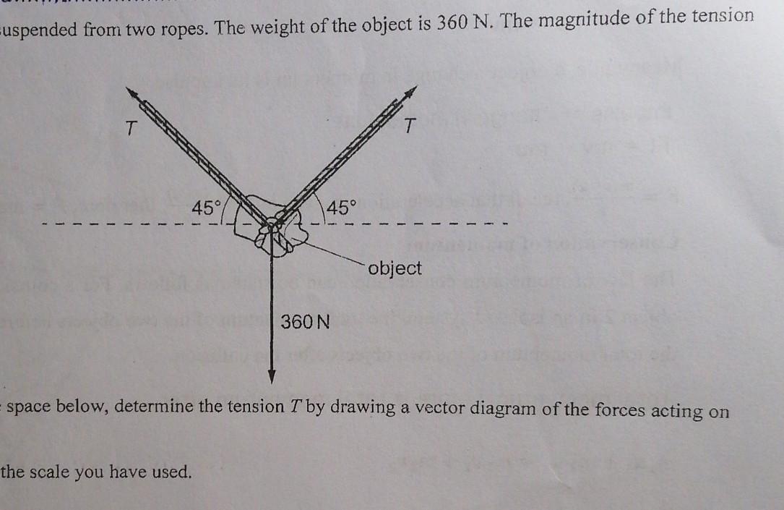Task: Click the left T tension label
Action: click(x=130, y=129)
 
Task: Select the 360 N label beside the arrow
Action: click(x=304, y=321)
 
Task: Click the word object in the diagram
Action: click(x=395, y=268)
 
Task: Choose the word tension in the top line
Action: click(x=718, y=16)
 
